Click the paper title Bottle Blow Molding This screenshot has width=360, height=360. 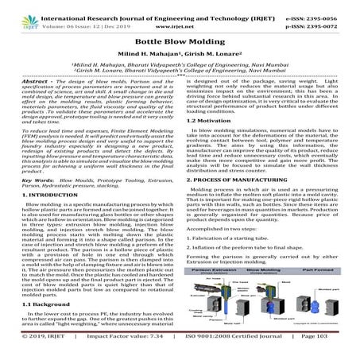[x=179, y=39]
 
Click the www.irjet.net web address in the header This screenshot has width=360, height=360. [x=179, y=15]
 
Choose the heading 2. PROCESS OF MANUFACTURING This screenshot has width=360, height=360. [x=247, y=203]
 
